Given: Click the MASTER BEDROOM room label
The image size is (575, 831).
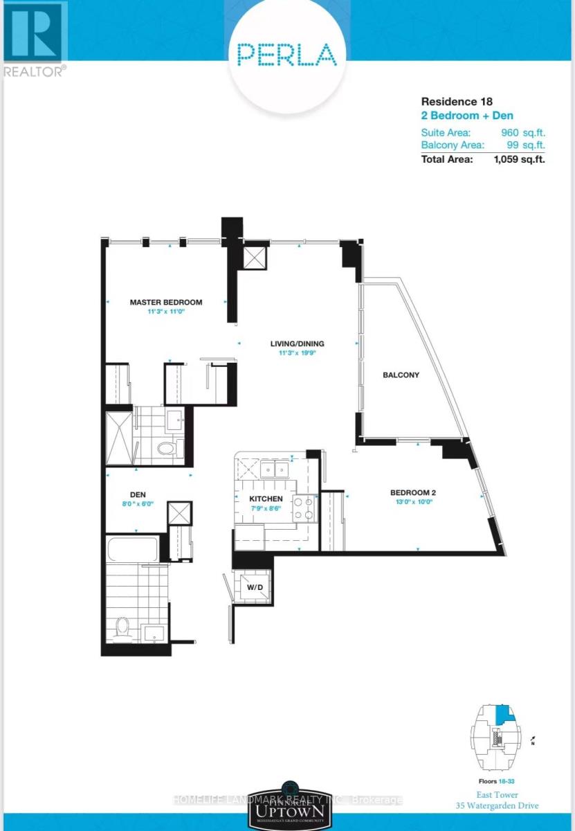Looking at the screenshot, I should [x=166, y=302].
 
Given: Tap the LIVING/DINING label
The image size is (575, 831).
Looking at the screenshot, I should [x=298, y=343].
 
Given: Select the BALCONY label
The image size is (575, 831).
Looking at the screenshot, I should [x=401, y=375].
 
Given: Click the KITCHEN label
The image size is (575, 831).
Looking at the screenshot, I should [x=266, y=499].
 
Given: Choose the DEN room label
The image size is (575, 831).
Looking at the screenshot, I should [x=137, y=495].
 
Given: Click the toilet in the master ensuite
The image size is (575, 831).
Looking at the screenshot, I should [x=167, y=449].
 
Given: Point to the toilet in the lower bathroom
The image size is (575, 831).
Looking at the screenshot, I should [x=123, y=627].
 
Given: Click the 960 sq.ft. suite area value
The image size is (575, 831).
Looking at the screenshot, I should [x=519, y=132].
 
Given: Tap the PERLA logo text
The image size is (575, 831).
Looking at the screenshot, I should [x=286, y=54].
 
